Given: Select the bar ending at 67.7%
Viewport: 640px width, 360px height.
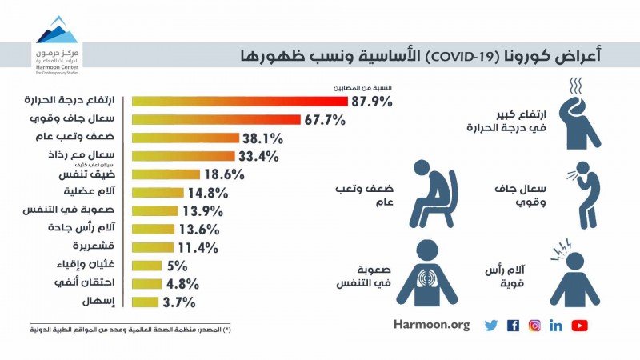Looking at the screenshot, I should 216,119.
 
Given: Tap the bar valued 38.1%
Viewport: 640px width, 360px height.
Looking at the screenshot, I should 185,138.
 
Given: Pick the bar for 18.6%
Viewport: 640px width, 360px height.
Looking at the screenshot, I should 166,174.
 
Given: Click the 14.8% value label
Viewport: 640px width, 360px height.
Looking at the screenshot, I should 210,193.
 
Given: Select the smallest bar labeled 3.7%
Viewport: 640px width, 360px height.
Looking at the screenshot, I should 144,302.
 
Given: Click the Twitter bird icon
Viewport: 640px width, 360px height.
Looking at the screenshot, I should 491,326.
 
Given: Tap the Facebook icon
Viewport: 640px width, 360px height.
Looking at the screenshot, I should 513,326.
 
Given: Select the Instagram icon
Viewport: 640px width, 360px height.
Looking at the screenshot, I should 534,326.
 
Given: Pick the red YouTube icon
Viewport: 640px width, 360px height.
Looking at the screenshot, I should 580,326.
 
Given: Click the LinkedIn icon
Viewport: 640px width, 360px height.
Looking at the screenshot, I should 556,326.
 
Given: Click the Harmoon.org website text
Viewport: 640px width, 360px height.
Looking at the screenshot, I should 432,326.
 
